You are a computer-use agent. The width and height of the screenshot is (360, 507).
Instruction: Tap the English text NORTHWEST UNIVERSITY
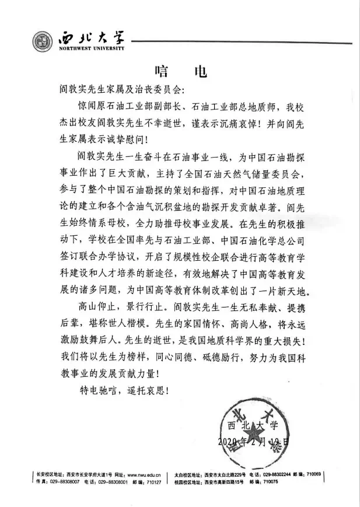tap(92, 50)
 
